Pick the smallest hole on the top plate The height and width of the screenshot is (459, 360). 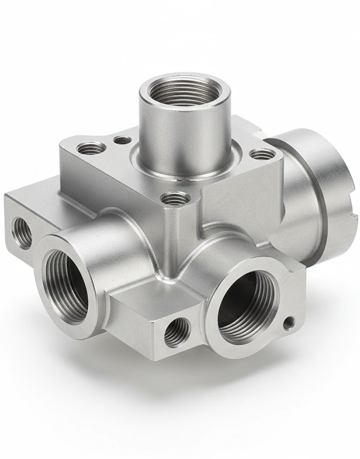tap(122, 139)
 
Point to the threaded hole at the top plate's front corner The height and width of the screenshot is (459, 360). tap(175, 198)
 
